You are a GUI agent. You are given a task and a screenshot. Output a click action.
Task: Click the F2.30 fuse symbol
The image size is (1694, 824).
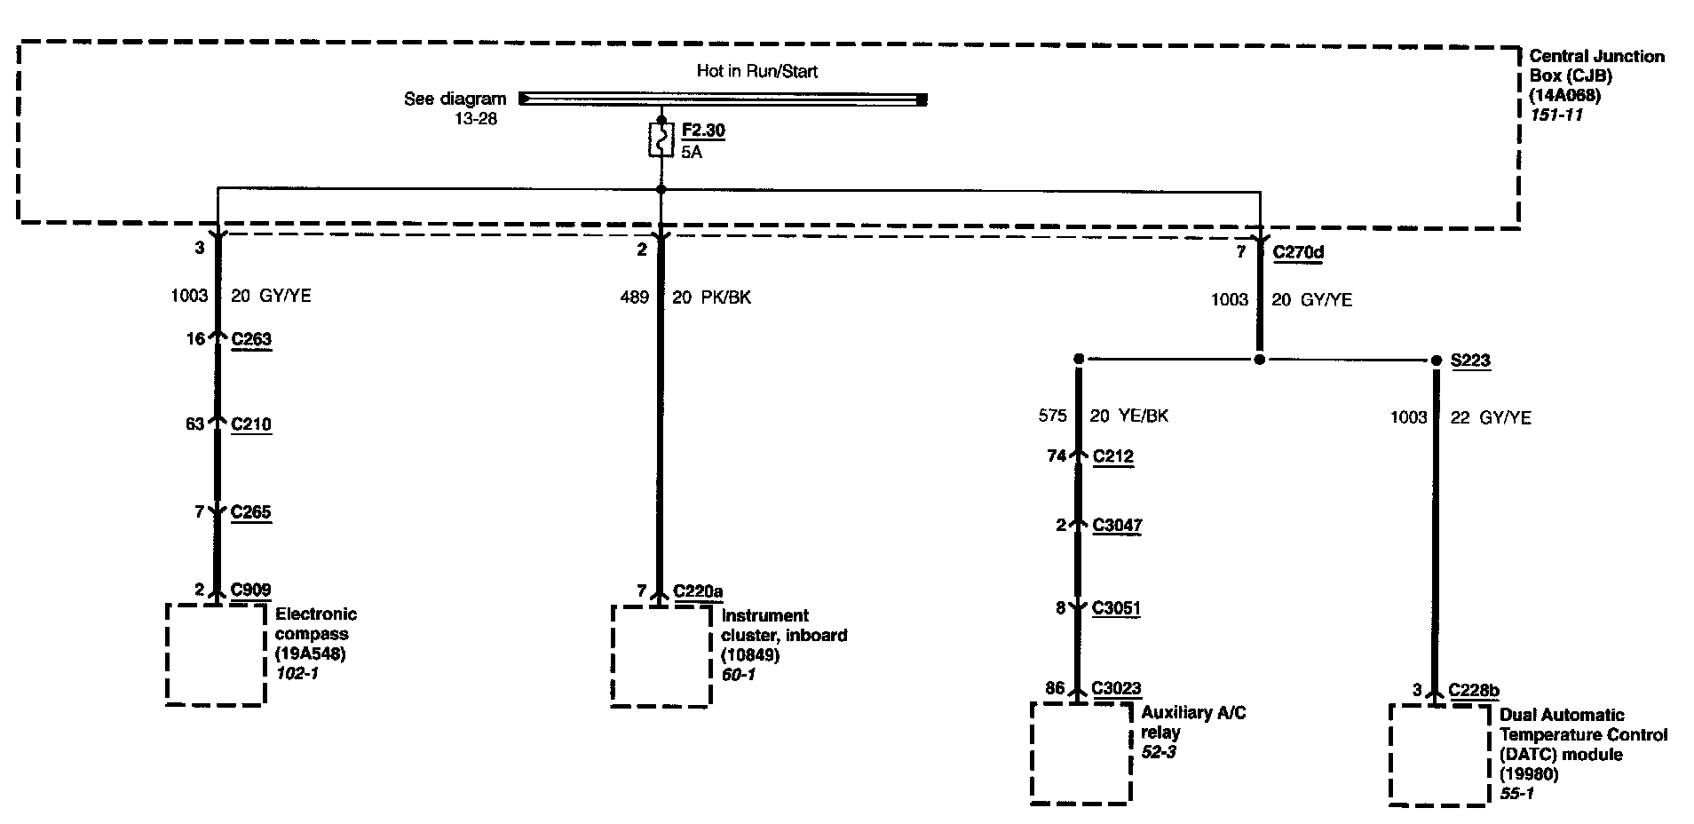(x=661, y=140)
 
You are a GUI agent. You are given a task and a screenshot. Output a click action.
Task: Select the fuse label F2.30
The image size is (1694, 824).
(x=703, y=131)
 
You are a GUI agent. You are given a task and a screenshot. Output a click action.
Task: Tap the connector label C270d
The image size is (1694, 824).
(x=1298, y=252)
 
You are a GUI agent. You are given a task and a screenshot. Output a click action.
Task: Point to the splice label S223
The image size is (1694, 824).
(x=1470, y=360)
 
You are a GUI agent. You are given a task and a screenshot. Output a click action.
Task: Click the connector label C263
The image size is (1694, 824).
(x=251, y=339)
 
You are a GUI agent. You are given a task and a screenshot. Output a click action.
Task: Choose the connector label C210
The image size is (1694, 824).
(x=251, y=424)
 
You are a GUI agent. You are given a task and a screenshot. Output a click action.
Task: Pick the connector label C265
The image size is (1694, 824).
(x=251, y=512)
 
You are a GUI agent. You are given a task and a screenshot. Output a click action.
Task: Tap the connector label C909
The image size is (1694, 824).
(x=251, y=590)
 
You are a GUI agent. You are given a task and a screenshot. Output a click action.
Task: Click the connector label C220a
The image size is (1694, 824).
(x=698, y=591)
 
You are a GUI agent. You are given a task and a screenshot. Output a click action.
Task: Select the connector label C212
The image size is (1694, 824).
(x=1113, y=456)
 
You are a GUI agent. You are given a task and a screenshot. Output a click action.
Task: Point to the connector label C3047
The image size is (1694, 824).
(x=1117, y=526)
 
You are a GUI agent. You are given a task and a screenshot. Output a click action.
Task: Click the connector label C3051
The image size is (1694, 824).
(x=1116, y=609)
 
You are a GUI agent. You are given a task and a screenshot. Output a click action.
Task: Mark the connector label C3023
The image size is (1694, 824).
(x=1116, y=688)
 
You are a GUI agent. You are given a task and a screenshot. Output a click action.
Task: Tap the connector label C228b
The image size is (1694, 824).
(x=1474, y=690)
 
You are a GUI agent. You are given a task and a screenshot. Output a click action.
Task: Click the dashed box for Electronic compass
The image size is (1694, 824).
(x=216, y=655)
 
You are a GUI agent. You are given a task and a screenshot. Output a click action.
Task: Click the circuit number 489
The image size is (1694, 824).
(x=634, y=297)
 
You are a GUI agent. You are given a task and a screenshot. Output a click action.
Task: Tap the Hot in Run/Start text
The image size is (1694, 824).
(x=756, y=71)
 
